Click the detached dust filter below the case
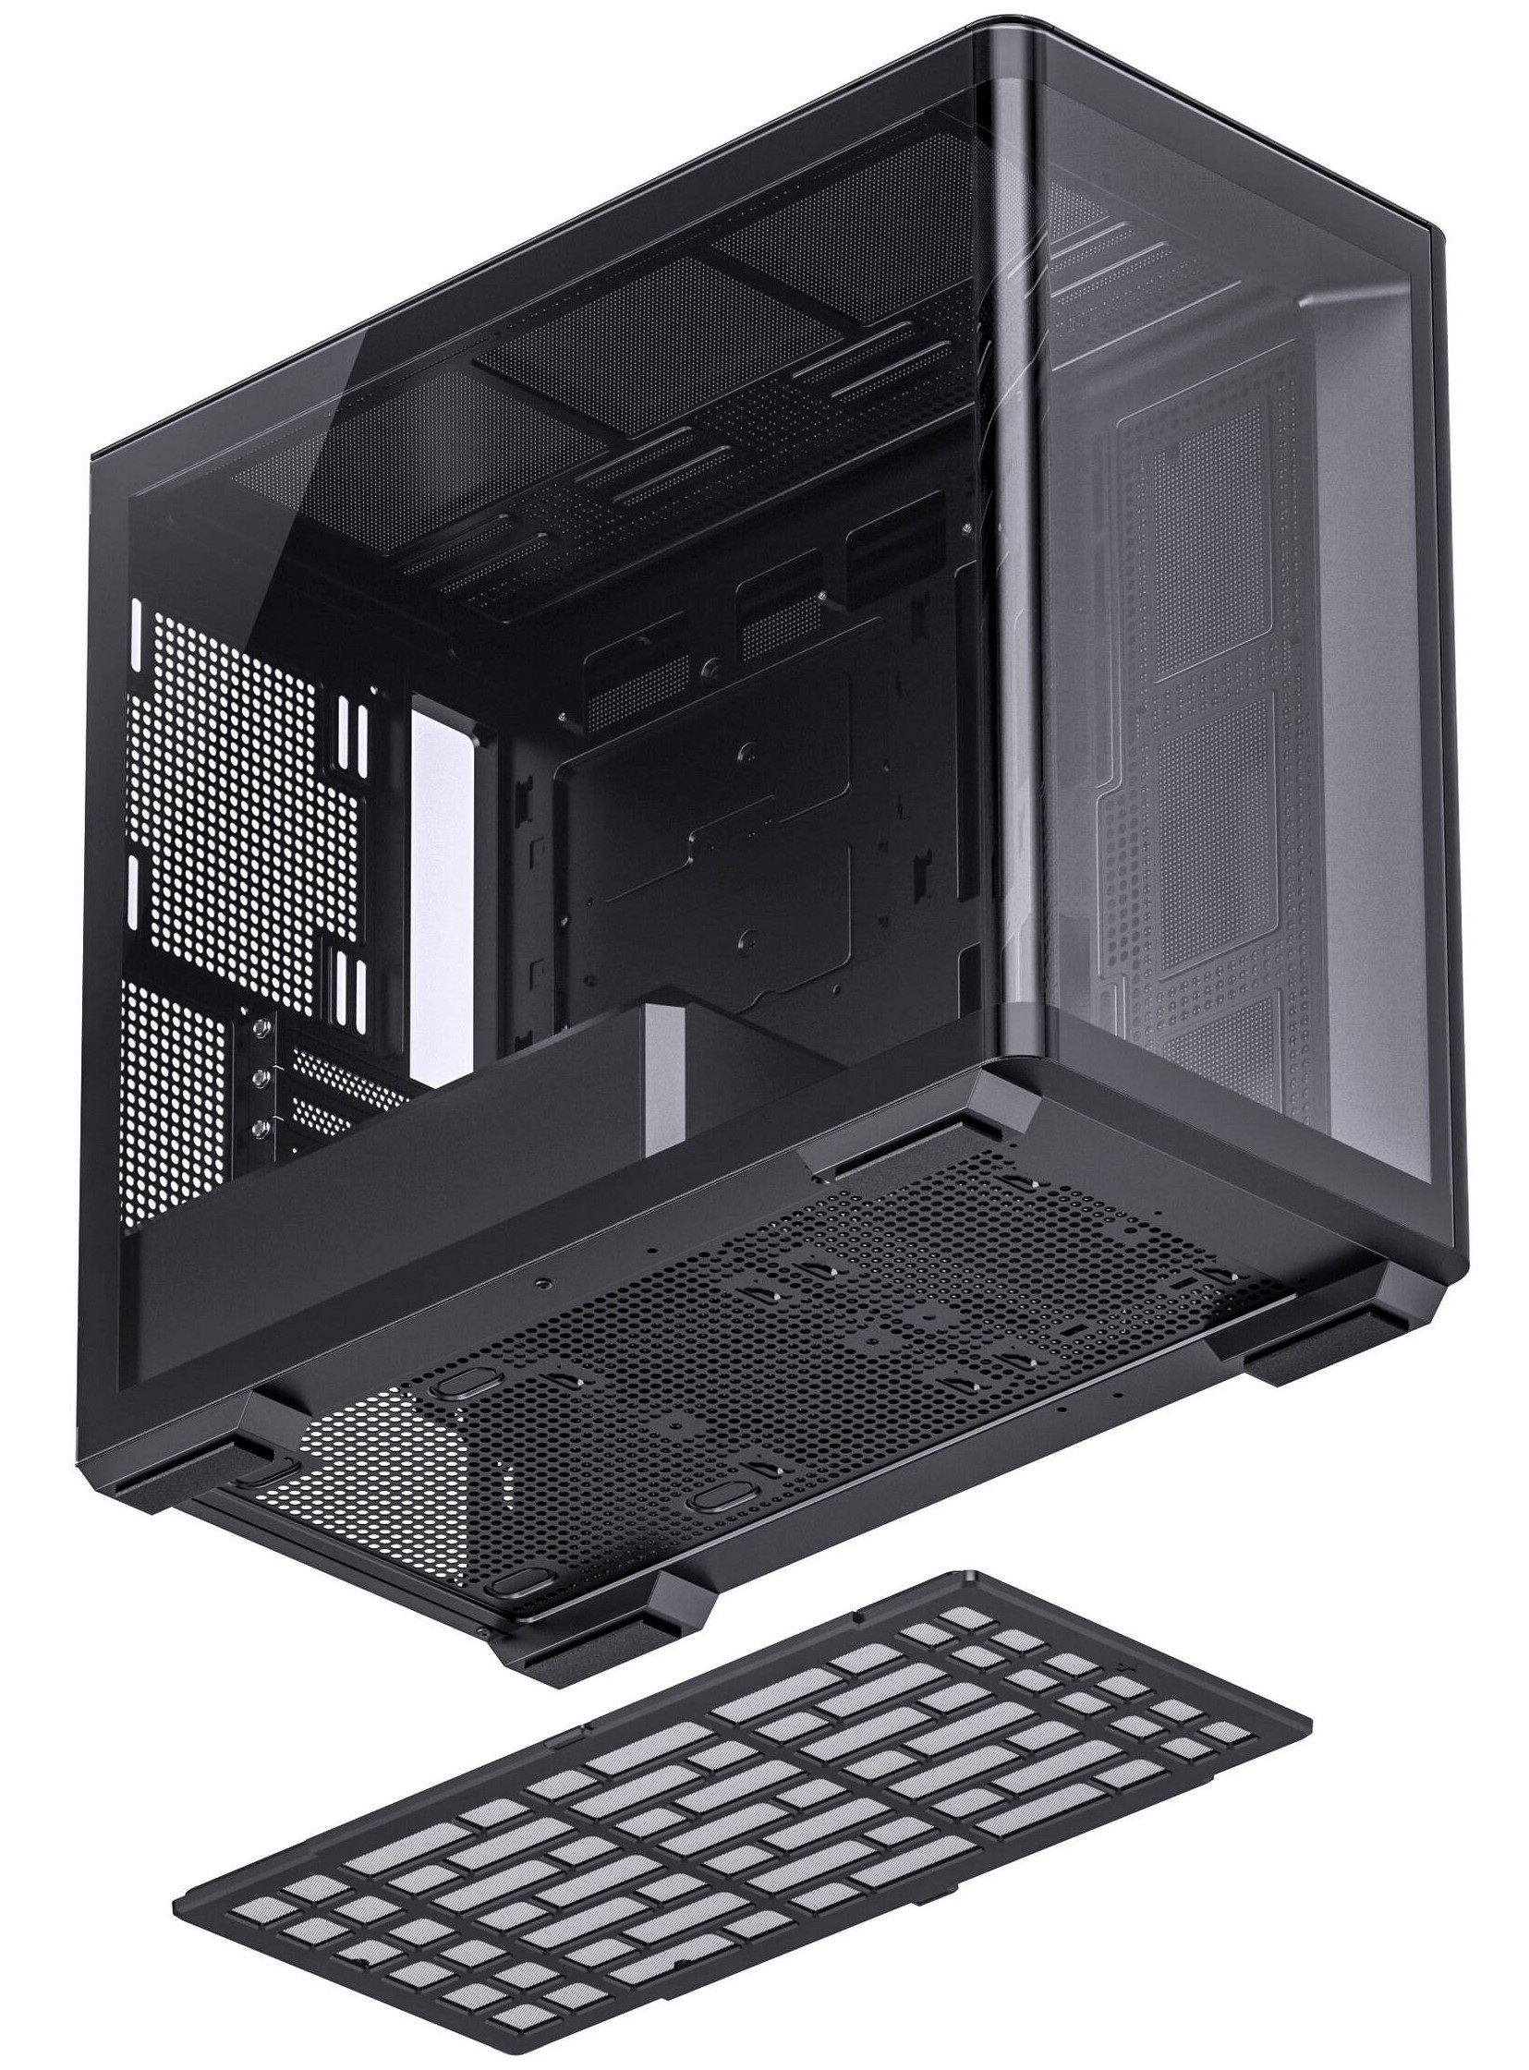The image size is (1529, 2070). click(740, 1814)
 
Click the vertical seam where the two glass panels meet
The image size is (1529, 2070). click(1019, 555)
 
